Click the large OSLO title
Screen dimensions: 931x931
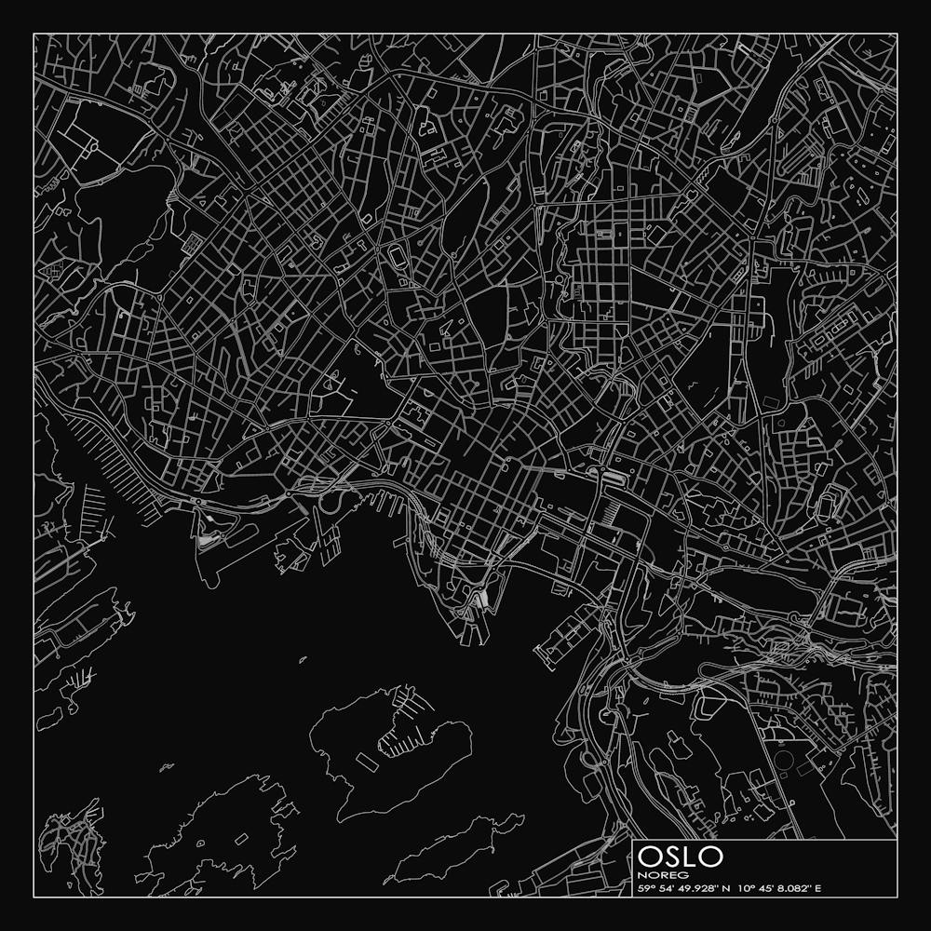coord(681,856)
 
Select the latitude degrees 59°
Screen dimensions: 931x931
coord(644,887)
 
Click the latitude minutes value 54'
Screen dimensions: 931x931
coord(661,887)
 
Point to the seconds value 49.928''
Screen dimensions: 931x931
coord(690,887)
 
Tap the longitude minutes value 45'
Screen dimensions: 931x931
coord(759,887)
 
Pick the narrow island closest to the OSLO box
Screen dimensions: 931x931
coord(456,847)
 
